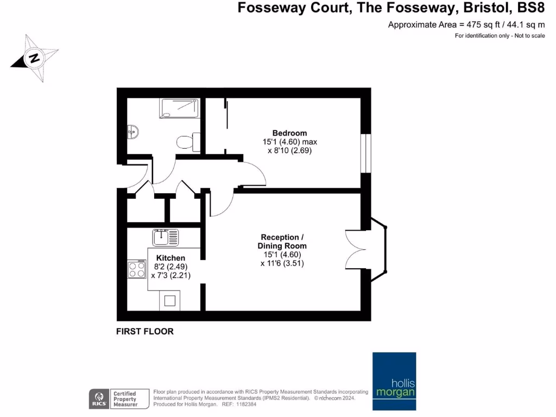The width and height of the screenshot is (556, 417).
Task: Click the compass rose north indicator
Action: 34,58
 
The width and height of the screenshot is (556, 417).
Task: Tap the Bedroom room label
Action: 289,133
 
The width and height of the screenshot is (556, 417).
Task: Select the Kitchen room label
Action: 170,258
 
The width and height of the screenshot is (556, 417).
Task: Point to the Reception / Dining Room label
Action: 280,242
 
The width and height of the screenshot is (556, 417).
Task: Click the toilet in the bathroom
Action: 187,142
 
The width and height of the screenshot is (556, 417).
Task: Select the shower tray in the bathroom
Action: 180,108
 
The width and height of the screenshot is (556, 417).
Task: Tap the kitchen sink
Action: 166,237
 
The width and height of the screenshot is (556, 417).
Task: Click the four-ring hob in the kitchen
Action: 137,270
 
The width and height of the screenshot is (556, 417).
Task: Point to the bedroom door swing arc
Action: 254,174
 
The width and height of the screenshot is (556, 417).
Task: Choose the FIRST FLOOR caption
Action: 145,331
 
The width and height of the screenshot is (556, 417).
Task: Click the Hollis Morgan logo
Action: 394,382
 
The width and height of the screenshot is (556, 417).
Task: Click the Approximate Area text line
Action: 466,24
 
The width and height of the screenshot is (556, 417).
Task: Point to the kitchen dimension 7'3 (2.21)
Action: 170,276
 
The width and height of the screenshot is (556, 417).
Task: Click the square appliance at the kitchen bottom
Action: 170,300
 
